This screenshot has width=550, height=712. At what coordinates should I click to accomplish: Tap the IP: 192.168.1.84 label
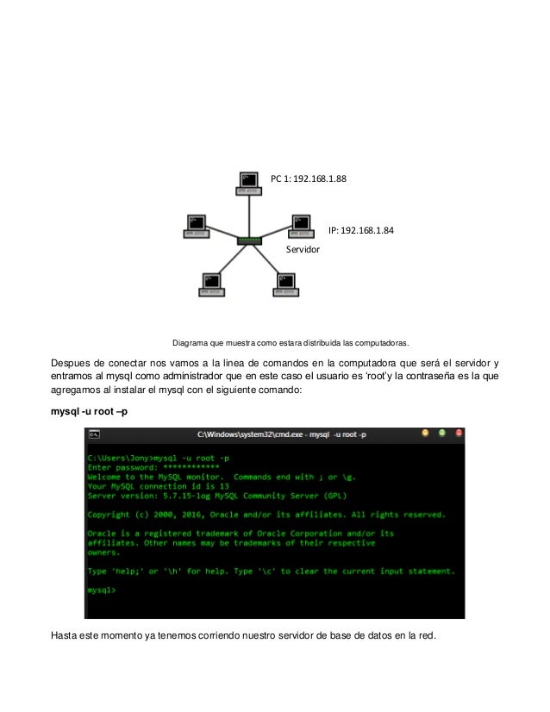(361, 230)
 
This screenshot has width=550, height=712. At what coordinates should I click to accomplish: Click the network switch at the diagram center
(249, 240)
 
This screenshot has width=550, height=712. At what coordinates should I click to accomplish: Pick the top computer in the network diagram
(249, 181)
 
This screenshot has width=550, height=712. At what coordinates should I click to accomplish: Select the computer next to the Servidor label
(299, 224)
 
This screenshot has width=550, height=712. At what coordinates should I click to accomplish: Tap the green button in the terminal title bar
(441, 433)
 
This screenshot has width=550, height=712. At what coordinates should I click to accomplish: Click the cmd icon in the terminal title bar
(94, 433)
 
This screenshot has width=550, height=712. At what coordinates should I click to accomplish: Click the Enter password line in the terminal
(147, 466)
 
